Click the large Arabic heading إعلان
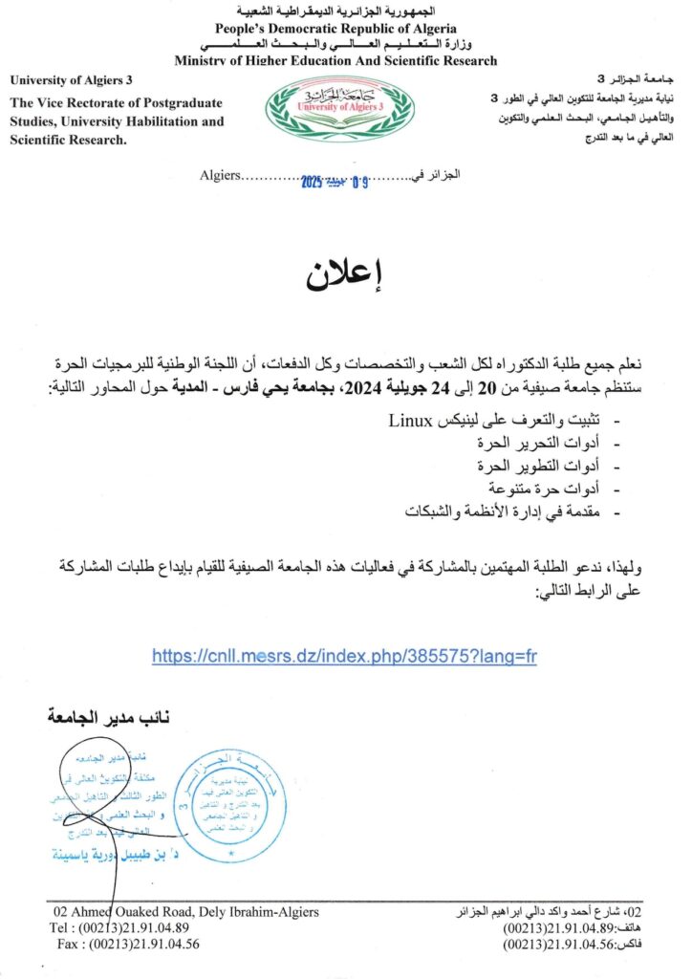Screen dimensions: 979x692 345,272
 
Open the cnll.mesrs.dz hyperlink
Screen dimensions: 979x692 345,658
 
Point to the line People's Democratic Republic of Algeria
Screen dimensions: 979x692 335,30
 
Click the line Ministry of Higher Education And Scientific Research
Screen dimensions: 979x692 335,60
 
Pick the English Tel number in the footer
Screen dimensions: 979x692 119,927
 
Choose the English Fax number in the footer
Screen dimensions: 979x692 128,944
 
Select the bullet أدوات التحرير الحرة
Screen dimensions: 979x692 542,445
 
